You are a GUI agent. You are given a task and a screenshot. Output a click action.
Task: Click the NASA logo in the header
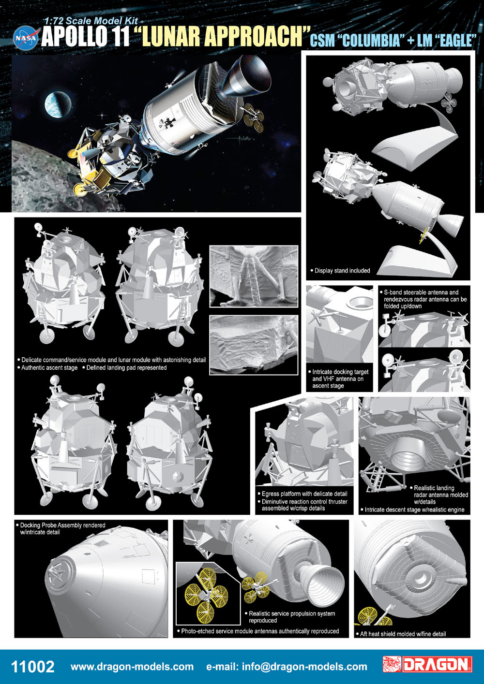(26, 38)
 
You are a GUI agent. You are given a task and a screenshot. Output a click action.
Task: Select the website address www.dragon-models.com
(132, 667)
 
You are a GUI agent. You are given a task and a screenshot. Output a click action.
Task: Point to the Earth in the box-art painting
(58, 104)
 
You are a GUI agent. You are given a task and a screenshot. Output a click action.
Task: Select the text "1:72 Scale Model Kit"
(91, 21)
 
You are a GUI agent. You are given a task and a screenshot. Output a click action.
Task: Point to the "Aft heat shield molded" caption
(401, 634)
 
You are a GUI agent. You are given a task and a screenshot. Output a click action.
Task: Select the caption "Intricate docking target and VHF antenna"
(338, 378)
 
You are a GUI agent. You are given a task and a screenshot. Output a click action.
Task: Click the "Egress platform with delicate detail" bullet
(302, 494)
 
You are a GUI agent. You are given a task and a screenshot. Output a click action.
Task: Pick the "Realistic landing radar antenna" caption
(439, 495)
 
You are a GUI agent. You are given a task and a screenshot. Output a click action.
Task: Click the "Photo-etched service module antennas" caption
(258, 631)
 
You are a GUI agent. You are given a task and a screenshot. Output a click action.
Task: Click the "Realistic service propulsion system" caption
(290, 617)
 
